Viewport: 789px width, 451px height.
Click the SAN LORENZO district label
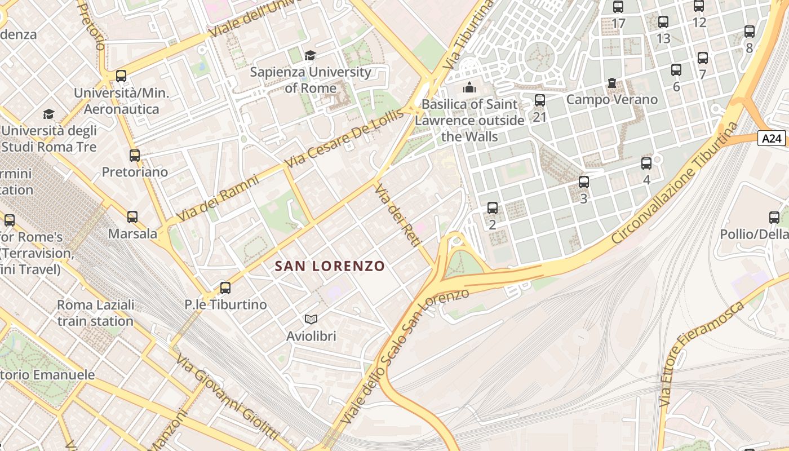(x=330, y=266)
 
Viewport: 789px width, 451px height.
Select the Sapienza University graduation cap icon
(x=310, y=55)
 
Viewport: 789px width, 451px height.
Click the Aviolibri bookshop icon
(x=311, y=319)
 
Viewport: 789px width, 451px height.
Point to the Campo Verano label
(x=611, y=100)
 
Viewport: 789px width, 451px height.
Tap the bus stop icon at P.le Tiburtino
(x=225, y=288)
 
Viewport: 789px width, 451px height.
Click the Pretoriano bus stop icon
(x=135, y=156)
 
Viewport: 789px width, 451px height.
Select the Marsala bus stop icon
(x=132, y=217)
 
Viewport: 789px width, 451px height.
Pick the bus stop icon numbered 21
(x=540, y=101)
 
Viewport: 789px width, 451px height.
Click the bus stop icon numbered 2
(x=493, y=208)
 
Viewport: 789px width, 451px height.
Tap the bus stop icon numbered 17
(x=618, y=7)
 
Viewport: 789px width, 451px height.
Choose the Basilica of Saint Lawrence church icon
(x=469, y=88)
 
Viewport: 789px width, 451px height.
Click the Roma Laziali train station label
(x=95, y=313)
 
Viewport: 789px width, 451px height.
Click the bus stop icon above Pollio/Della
(x=774, y=218)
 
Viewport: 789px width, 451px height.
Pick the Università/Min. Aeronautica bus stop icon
(x=121, y=76)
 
